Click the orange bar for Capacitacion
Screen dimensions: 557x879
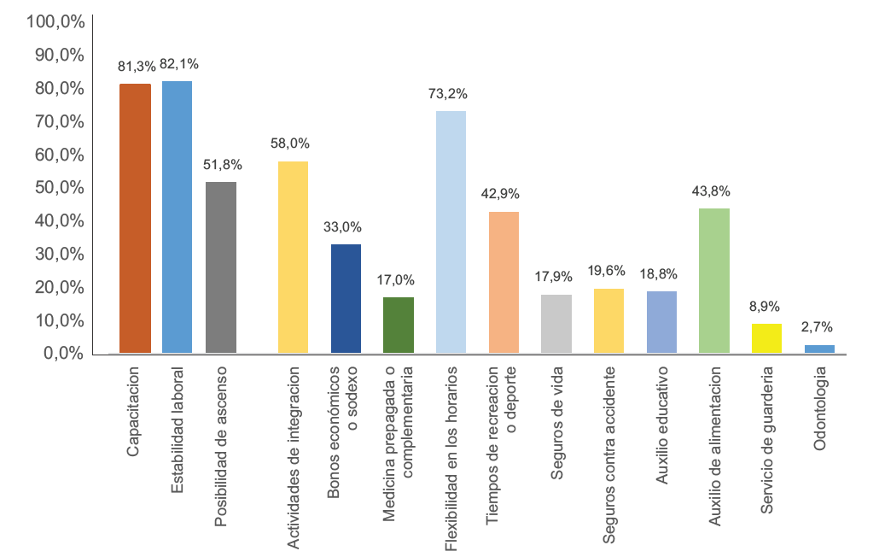[135, 218]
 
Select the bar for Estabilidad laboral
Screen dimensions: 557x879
[178, 217]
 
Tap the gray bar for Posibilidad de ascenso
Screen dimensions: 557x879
[220, 267]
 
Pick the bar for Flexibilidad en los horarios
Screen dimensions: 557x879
[451, 232]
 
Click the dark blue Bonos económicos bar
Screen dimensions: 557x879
[346, 298]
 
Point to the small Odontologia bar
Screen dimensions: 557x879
[819, 349]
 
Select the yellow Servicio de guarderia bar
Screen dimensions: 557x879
[766, 338]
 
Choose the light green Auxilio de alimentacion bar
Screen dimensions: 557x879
[714, 280]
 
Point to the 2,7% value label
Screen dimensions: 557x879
[817, 327]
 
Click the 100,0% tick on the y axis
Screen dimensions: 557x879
[55, 21]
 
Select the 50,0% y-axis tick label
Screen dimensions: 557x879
[59, 188]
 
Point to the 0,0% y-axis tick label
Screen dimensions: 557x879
[62, 354]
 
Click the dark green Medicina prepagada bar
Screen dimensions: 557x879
[398, 325]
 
